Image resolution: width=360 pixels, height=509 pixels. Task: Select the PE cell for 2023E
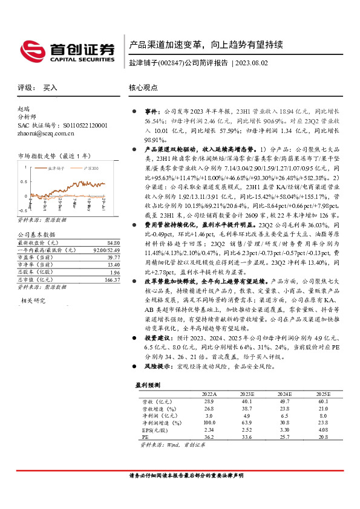[x=247, y=436]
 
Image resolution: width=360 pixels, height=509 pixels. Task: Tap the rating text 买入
[x=50, y=88]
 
